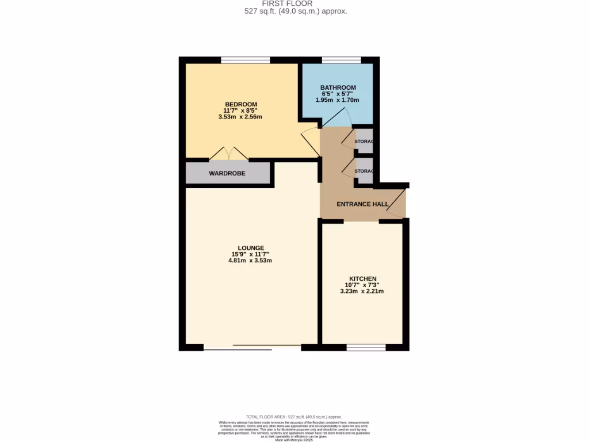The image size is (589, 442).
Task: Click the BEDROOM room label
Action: (x=240, y=104)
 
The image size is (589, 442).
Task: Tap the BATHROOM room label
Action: (x=338, y=87)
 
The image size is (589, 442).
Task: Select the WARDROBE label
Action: (x=227, y=173)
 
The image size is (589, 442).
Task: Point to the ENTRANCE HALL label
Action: (x=362, y=204)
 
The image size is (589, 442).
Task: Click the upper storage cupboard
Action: (x=364, y=142)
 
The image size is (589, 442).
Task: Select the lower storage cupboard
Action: (x=364, y=172)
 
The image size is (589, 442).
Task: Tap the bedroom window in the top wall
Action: (x=246, y=60)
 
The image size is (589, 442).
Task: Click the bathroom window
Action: (x=342, y=60)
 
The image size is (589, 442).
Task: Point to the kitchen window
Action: (x=366, y=348)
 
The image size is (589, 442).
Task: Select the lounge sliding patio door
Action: (x=252, y=348)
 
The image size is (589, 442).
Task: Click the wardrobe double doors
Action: (x=229, y=153)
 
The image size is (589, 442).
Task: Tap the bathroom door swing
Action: (x=336, y=119)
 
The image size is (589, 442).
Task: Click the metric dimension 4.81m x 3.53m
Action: (x=250, y=261)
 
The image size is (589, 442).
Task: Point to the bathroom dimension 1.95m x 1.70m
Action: (x=338, y=100)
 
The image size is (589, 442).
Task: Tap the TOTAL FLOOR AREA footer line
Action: (x=294, y=417)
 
